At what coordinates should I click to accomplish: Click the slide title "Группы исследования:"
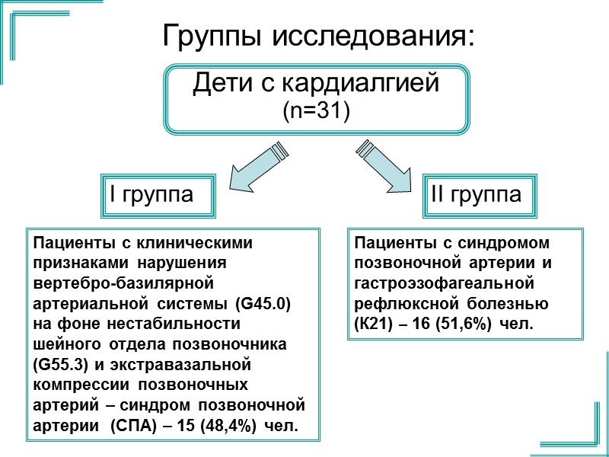(x=319, y=36)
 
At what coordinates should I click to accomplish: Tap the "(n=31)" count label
(x=315, y=111)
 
